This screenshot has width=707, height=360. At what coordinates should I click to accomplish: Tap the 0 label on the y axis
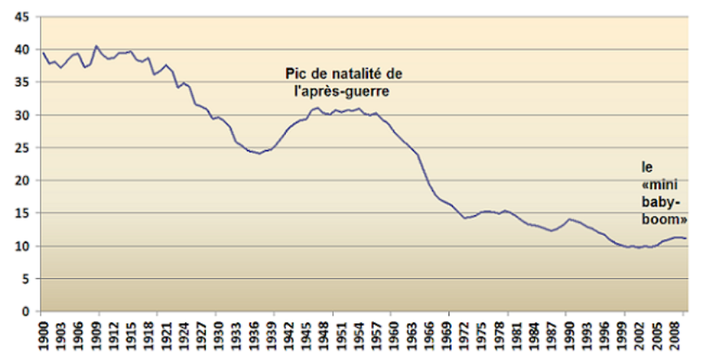(x=26, y=311)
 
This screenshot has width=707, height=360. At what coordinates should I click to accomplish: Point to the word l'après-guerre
(x=342, y=91)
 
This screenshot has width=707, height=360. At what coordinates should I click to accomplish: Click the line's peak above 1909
(x=97, y=46)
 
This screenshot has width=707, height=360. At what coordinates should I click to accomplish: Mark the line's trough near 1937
(x=259, y=154)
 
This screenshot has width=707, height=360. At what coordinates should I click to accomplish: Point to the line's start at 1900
(x=42, y=54)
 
